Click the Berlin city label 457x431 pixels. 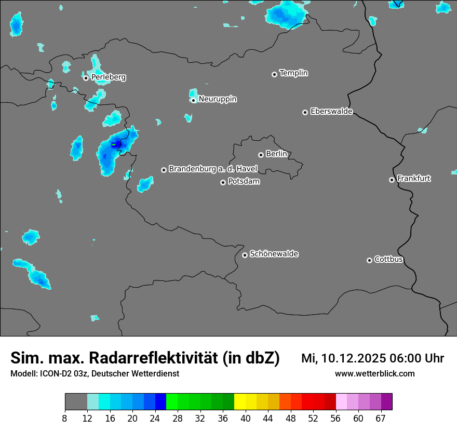[276, 154]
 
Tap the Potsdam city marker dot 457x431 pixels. [223, 182]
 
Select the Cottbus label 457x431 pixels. [388, 260]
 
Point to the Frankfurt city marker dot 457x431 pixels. [392, 180]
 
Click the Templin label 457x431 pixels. [293, 73]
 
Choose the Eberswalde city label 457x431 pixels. [331, 112]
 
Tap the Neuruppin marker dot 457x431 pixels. [194, 100]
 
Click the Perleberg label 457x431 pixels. [108, 77]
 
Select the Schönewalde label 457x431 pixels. [274, 254]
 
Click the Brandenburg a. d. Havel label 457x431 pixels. [213, 169]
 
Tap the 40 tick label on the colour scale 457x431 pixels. [246, 419]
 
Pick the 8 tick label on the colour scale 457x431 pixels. [65, 419]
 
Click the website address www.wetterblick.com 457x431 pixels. [374, 374]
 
